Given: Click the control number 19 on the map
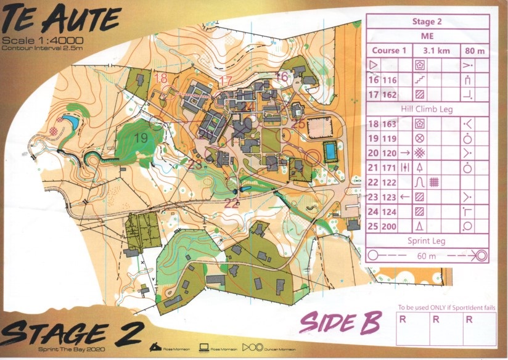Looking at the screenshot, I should pos(141,139).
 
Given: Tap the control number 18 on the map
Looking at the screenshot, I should pos(161,78).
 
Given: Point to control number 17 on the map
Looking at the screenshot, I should pos(226,81).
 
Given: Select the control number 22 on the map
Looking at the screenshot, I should pos(231,203).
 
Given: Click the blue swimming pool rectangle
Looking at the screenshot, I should pos(330,150).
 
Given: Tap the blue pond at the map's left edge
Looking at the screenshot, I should pos(70,122).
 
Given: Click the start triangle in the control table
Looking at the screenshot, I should pos(374,65).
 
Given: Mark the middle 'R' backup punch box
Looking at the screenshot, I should pos(435,320).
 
